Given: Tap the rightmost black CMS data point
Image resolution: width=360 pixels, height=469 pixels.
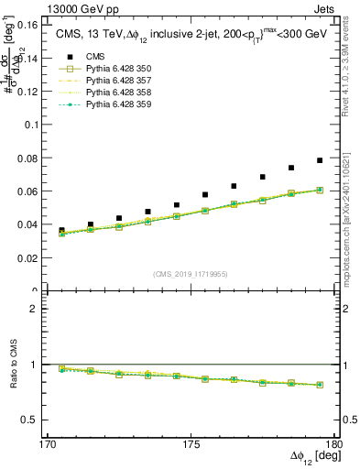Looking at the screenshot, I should pyautogui.click(x=320, y=160).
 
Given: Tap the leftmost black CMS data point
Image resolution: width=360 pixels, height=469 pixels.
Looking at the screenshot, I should pyautogui.click(x=61, y=231).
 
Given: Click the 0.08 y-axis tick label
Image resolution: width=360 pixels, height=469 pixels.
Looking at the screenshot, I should pyautogui.click(x=38, y=158).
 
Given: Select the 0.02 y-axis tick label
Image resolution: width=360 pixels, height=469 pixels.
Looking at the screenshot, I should pyautogui.click(x=38, y=258).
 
